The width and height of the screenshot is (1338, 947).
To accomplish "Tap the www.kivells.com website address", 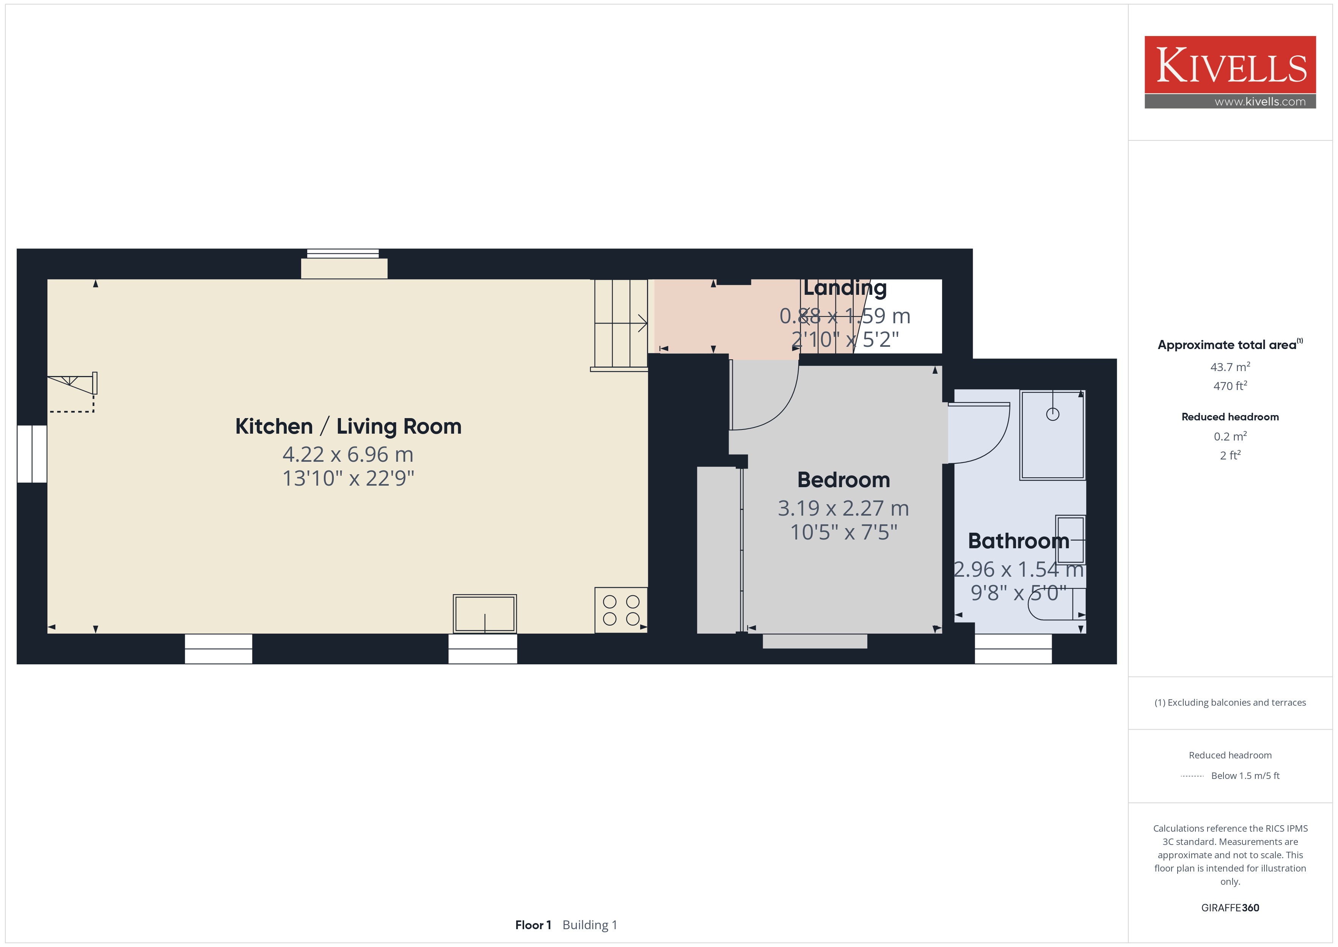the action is tap(1260, 101).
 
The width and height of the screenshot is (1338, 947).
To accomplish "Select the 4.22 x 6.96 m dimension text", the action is tap(348, 454).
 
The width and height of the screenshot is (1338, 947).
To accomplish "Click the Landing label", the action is tap(845, 288).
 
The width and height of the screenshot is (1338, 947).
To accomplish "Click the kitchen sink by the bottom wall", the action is tap(485, 614).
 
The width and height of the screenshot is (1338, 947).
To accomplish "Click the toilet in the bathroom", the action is tap(1056, 604).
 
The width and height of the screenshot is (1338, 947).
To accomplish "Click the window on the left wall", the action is tap(32, 454).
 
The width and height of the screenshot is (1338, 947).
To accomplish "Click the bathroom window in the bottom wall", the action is tap(1013, 648).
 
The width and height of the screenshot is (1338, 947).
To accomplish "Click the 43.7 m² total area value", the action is tap(1230, 367).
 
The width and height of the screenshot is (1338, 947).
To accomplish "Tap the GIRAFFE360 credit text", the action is tap(1230, 908).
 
